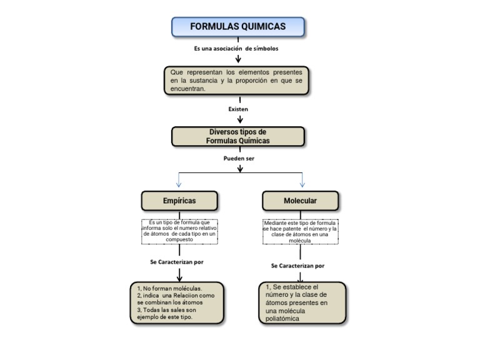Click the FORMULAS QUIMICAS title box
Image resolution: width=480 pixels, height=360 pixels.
[x=238, y=27]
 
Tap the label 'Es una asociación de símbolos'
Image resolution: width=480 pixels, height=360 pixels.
[x=236, y=48]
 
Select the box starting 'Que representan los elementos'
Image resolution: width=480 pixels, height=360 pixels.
[x=237, y=81]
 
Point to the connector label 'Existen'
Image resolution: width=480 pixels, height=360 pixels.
[x=238, y=109]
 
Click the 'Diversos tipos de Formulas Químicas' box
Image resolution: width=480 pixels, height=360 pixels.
[x=238, y=136]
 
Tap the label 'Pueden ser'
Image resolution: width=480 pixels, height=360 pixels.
[x=239, y=159]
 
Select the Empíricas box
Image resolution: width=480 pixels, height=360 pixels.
[x=179, y=201]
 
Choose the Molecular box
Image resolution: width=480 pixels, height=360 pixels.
[x=300, y=201]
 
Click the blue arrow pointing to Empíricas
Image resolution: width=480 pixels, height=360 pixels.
[x=179, y=182]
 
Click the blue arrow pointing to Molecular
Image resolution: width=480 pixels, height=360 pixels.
[x=302, y=182]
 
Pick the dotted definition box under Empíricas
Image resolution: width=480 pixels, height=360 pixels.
[x=179, y=231]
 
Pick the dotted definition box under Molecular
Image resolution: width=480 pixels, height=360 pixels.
[x=300, y=232]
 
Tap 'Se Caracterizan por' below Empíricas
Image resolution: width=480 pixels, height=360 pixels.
[x=177, y=262]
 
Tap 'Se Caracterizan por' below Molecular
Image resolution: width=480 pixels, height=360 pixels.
[x=297, y=266]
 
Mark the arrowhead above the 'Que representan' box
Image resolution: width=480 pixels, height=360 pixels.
[x=238, y=61]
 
